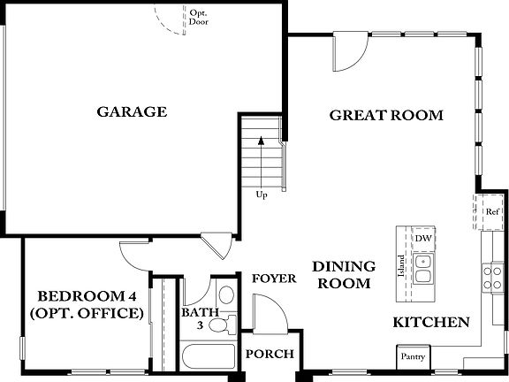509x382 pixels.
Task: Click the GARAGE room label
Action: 133,112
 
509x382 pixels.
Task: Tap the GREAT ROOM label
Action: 386,115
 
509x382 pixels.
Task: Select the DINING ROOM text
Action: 345,274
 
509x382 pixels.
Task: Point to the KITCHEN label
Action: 430,323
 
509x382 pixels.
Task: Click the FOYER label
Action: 274,279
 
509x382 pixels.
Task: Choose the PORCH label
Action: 270,355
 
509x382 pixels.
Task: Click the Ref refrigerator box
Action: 492,212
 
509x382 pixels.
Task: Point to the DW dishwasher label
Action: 423,239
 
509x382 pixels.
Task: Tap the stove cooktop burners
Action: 491,277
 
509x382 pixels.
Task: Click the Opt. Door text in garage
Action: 199,16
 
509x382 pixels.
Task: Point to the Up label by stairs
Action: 262,195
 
